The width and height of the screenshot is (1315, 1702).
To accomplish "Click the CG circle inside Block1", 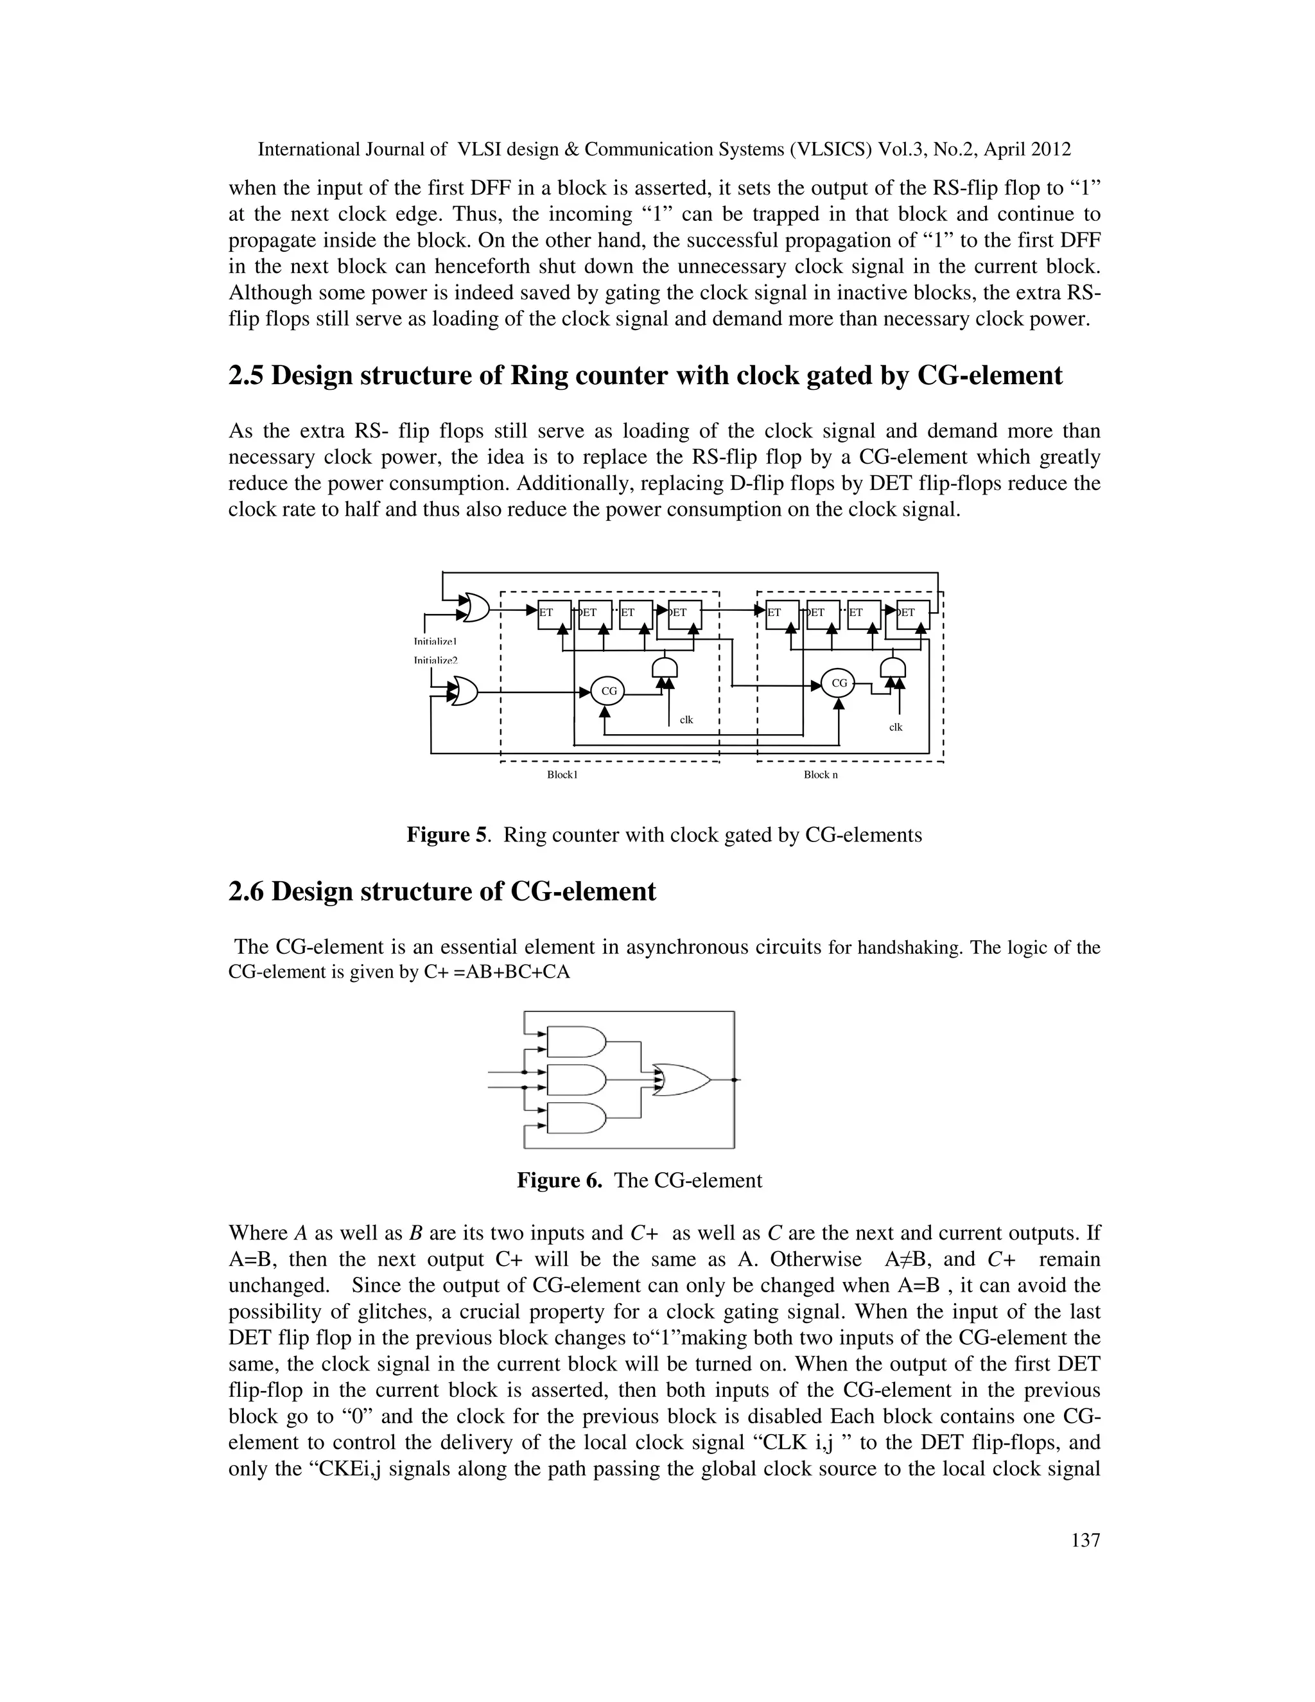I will coord(609,690).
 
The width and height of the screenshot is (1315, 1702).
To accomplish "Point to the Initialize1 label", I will coord(435,642).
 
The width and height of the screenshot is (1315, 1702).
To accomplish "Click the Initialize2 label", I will coord(435,660).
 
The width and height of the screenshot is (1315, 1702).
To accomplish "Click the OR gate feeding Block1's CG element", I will coord(464,690).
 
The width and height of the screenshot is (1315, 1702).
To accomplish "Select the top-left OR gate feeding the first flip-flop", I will coord(475,607).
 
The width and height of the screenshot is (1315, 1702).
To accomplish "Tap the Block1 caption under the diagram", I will coord(562,775).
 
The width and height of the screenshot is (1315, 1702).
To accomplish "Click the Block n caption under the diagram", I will coord(821,775).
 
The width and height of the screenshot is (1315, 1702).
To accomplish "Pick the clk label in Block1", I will coord(686,720).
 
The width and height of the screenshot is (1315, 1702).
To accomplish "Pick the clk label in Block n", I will coord(896,727).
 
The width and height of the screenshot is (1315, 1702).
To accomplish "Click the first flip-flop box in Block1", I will coord(555,614).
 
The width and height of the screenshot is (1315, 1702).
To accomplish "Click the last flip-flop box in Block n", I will coord(913,614).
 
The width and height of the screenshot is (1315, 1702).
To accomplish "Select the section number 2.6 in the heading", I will coord(247,891).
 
